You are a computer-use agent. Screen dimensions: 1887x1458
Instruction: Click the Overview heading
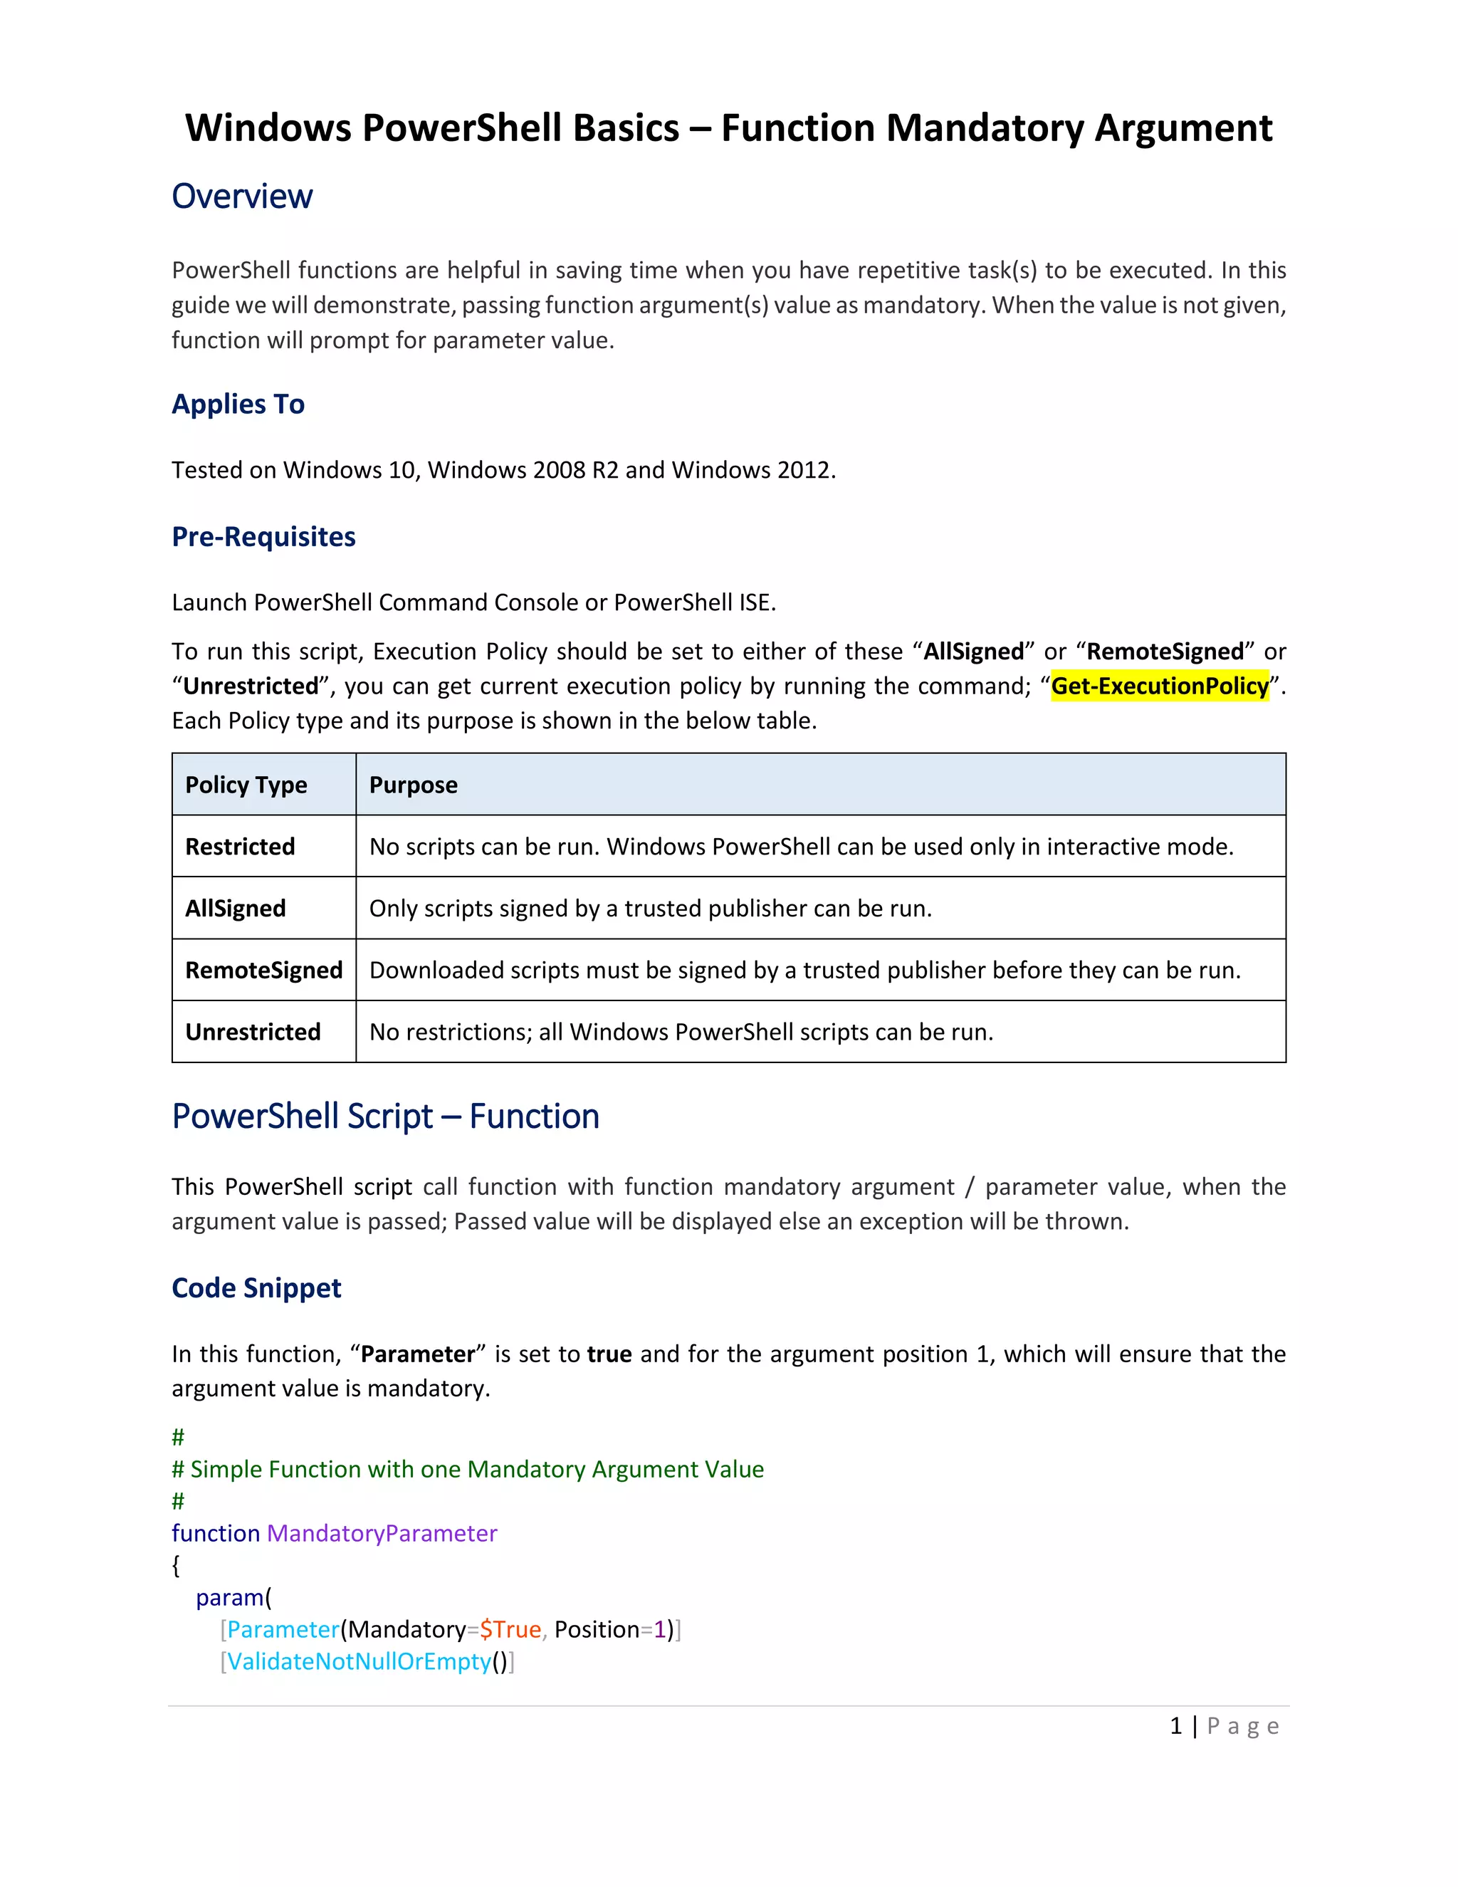pyautogui.click(x=242, y=197)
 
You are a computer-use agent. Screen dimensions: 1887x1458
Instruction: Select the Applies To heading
pyautogui.click(x=238, y=404)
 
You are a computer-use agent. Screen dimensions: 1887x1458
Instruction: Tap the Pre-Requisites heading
pyautogui.click(x=263, y=537)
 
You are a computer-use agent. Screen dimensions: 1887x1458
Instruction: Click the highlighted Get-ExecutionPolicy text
pyautogui.click(x=1159, y=686)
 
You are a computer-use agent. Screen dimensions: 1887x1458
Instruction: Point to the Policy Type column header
pyautogui.click(x=246, y=785)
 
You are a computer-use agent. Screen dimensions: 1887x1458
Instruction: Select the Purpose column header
pyautogui.click(x=413, y=785)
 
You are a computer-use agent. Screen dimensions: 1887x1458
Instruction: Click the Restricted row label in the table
pyautogui.click(x=240, y=847)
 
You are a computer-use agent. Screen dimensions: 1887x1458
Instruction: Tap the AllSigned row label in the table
pyautogui.click(x=235, y=909)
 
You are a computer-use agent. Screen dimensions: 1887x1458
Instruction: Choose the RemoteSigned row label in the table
pyautogui.click(x=263, y=971)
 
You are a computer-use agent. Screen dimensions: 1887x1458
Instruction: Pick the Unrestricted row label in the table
pyautogui.click(x=252, y=1033)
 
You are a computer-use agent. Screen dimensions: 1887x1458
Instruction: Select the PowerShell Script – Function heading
pyautogui.click(x=385, y=1117)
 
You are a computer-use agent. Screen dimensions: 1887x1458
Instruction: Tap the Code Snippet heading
pyautogui.click(x=256, y=1288)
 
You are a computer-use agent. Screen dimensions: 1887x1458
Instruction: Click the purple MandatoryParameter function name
pyautogui.click(x=382, y=1534)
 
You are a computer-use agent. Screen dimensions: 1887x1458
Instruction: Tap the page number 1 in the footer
pyautogui.click(x=1175, y=1726)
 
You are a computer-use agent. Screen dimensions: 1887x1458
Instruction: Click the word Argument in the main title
pyautogui.click(x=1183, y=128)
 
